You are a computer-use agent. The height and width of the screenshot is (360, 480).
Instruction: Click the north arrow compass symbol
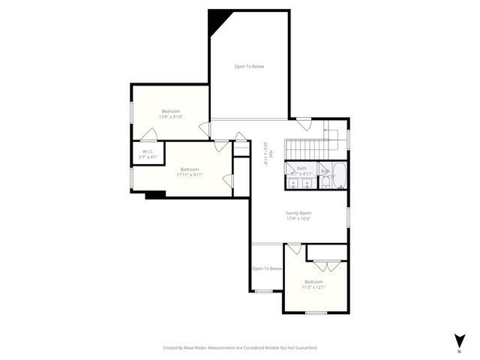pos(458,339)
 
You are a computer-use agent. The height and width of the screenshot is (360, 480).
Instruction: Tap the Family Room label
pos(298,213)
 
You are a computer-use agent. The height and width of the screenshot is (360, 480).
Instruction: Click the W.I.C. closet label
pos(147,151)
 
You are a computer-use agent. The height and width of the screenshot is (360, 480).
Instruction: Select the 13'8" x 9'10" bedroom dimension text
pos(171,117)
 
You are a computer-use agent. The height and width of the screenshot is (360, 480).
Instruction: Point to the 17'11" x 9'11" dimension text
pos(190,175)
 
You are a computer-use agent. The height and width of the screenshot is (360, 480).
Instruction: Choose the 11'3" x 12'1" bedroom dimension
pos(313,287)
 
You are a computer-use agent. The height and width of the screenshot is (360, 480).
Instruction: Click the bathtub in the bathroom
pos(339,175)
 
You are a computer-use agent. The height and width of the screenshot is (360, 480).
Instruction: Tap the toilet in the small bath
pos(325,181)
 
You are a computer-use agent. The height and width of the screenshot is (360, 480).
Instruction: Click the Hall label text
pos(271,154)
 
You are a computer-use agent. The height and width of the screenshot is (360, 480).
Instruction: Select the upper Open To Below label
pos(249,67)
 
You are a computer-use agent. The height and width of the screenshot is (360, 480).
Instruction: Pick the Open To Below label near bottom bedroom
pos(267,268)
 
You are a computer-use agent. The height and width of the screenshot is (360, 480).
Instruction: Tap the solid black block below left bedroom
pos(154,195)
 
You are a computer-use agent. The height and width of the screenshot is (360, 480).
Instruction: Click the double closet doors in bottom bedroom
pos(326,265)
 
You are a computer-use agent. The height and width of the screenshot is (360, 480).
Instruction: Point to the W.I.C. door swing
pos(150,136)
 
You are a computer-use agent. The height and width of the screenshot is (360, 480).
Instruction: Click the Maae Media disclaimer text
pos(240,348)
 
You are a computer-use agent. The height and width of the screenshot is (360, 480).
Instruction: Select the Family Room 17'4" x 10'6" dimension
pos(298,219)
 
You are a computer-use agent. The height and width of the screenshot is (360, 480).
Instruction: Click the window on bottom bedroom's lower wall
pos(316,312)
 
